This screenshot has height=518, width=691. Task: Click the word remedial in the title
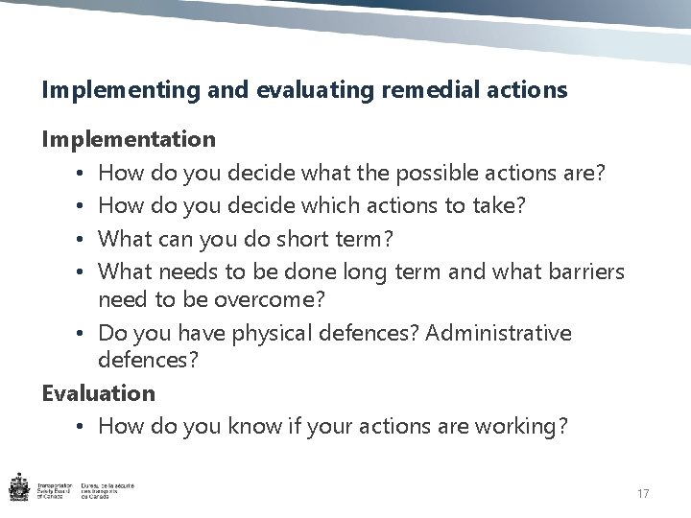[x=426, y=90]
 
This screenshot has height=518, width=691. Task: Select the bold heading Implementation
[x=129, y=139]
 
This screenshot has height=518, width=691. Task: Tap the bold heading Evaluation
[x=98, y=392]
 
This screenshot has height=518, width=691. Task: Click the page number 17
[x=643, y=493]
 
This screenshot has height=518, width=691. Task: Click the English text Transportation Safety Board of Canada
[x=57, y=491]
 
